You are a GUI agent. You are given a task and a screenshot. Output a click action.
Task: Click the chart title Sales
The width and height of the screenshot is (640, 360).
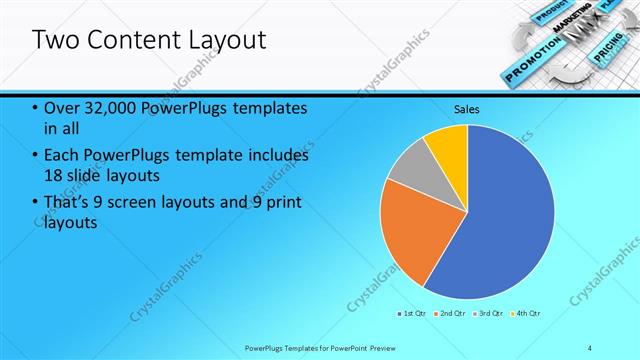pyautogui.click(x=467, y=108)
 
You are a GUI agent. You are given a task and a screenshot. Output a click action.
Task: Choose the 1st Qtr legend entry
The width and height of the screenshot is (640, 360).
pyautogui.click(x=413, y=314)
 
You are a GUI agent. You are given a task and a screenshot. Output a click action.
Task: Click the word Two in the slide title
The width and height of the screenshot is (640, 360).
pyautogui.click(x=57, y=41)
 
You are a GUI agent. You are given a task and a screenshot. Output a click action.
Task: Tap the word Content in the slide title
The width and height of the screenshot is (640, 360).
pyautogui.click(x=137, y=41)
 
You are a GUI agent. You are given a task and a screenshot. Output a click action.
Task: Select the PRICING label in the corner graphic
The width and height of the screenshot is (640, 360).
pyautogui.click(x=609, y=60)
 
